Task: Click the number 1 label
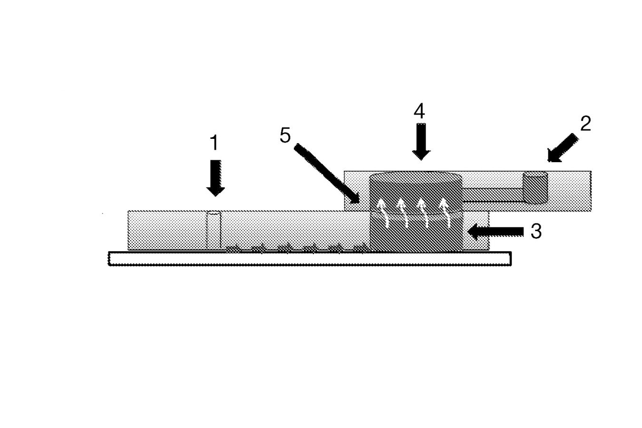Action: coord(214,143)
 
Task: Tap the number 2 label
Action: coord(586,124)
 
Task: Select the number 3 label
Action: coord(536,231)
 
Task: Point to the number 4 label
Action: coord(419,111)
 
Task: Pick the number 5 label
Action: coord(285,135)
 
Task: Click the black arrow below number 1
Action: coord(215,178)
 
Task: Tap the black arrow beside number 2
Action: coord(562,148)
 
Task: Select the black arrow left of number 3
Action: coord(496,232)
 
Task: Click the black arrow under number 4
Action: coord(421,142)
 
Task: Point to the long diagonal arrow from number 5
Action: coord(327,174)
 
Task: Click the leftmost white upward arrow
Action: coord(381,213)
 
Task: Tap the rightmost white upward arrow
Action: coord(445,213)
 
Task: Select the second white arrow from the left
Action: coord(402,213)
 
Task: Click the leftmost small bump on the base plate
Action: coord(233,249)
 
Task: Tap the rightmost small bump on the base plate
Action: coord(360,249)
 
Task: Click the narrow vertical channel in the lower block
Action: coord(214,231)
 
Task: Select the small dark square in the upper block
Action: coord(535,188)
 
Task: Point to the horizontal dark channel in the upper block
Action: coord(493,195)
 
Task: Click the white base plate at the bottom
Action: coord(310,259)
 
